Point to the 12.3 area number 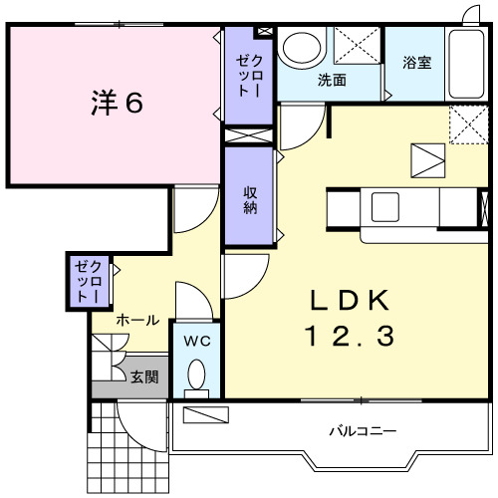350,337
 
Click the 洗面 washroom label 332,80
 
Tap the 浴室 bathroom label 416,63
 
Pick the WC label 197,341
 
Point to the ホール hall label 137,320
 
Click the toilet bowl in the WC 196,375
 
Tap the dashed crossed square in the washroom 357,47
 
